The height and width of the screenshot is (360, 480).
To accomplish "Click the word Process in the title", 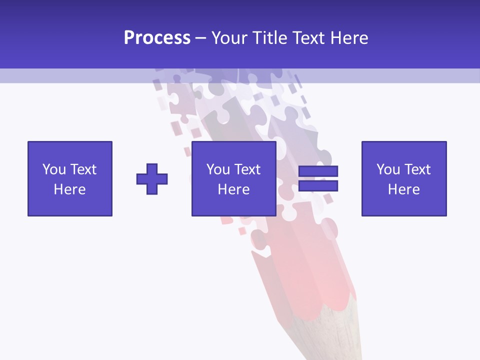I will pyautogui.click(x=157, y=38).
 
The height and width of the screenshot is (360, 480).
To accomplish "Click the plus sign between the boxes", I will pyautogui.click(x=152, y=179).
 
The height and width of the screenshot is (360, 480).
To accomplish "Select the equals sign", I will pyautogui.click(x=318, y=179).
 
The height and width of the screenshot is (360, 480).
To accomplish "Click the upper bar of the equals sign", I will pyautogui.click(x=318, y=171).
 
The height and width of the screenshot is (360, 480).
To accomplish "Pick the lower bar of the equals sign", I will pyautogui.click(x=318, y=186).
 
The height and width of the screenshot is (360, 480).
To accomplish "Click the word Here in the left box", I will pyautogui.click(x=70, y=189).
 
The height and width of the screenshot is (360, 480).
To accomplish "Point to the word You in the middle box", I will pyautogui.click(x=218, y=169).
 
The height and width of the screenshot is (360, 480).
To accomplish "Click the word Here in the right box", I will pyautogui.click(x=404, y=189).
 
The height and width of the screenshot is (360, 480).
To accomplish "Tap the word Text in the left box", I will pyautogui.click(x=83, y=169).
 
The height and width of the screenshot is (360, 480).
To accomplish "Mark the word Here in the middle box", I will pyautogui.click(x=234, y=189).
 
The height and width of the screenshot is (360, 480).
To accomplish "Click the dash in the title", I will pyautogui.click(x=200, y=38).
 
